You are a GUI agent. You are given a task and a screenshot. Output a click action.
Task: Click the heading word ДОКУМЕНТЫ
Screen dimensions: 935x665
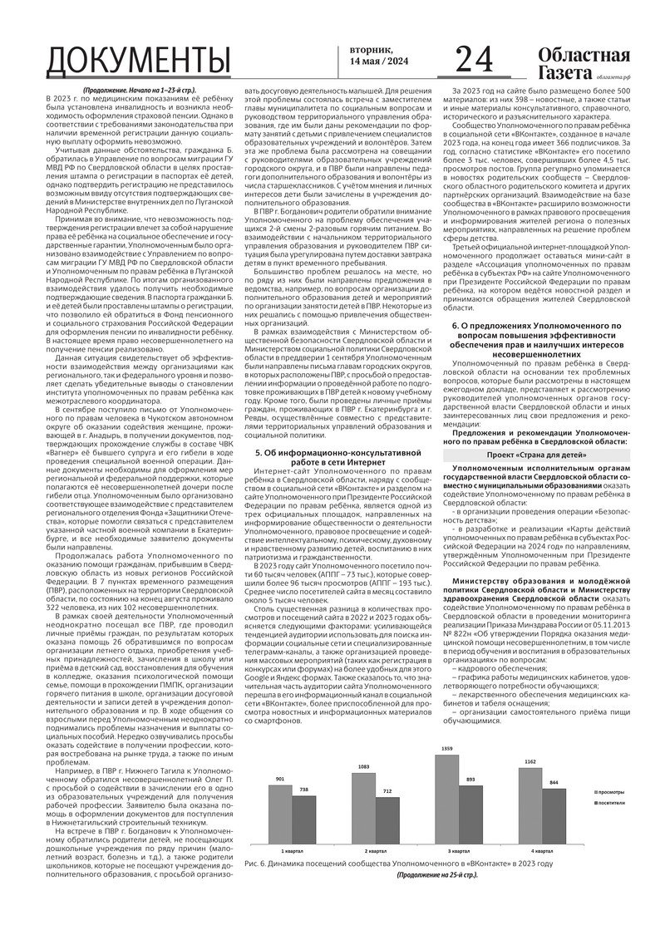coord(140,62)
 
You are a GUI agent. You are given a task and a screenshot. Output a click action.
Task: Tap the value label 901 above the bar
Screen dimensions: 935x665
coord(280,779)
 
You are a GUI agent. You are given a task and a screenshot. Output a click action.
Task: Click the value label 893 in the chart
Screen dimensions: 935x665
coord(470,780)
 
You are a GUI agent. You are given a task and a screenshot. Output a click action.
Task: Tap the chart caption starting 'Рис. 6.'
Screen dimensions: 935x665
coord(399,864)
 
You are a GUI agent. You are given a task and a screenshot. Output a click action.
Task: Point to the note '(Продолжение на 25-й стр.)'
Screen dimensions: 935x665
coord(437,876)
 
